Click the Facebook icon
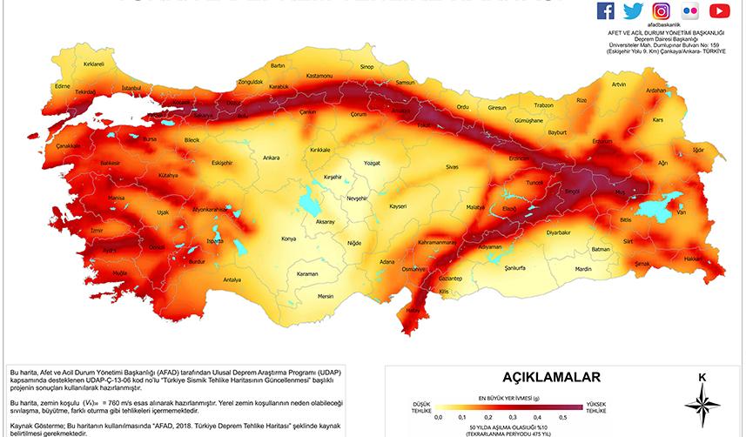tap(606, 10)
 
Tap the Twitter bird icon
tap(633, 10)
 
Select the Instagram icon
tap(662, 10)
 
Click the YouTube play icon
tap(719, 10)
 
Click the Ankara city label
tap(271, 158)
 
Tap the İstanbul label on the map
tap(131, 88)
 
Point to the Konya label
tap(289, 238)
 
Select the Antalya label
tap(232, 280)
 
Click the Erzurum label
tap(602, 141)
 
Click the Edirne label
tap(62, 86)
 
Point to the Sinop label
tap(366, 66)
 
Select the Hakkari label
tap(694, 259)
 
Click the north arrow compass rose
tap(702, 404)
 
